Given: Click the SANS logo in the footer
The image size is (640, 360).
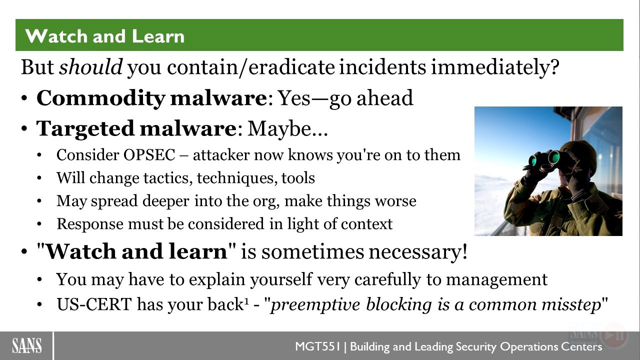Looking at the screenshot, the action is pyautogui.click(x=27, y=345).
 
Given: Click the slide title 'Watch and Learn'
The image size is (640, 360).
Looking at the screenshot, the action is pyautogui.click(x=105, y=36).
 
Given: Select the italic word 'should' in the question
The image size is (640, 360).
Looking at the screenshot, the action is pyautogui.click(x=91, y=67).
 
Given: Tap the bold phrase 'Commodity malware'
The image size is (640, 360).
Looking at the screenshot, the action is pyautogui.click(x=151, y=98).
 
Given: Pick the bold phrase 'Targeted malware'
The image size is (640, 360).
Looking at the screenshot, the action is pyautogui.click(x=136, y=129).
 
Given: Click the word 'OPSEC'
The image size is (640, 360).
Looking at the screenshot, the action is pyautogui.click(x=149, y=155).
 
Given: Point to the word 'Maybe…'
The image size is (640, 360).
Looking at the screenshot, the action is pyautogui.click(x=287, y=129).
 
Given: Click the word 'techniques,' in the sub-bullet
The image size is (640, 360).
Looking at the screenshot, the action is pyautogui.click(x=237, y=178).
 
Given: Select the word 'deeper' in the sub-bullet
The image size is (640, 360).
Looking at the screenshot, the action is pyautogui.click(x=165, y=201).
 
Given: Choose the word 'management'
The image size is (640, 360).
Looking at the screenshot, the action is pyautogui.click(x=497, y=279).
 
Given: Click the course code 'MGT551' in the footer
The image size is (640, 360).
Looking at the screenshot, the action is pyautogui.click(x=317, y=346).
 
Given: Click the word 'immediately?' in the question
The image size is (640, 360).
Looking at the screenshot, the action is pyautogui.click(x=495, y=67).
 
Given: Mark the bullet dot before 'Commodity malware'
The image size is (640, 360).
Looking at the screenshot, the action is pyautogui.click(x=24, y=98).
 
